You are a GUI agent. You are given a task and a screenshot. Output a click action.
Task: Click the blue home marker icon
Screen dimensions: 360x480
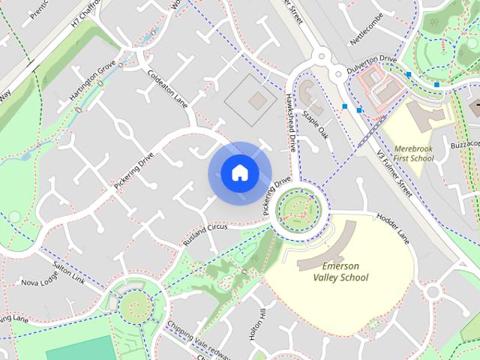(239, 173)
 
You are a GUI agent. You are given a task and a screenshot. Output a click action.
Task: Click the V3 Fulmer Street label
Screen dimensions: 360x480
(394, 172)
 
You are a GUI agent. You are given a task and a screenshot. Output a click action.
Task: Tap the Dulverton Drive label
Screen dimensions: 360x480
(372, 61)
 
